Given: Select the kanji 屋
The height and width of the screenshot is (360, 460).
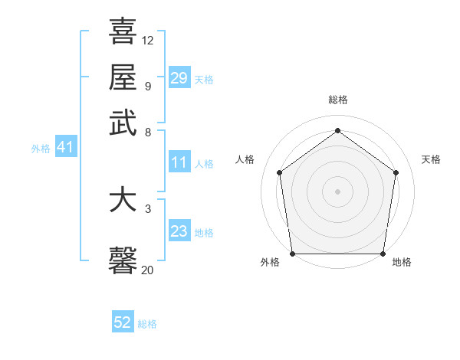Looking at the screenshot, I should click(x=123, y=77).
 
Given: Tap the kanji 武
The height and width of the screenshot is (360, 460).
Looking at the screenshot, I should click(x=123, y=123).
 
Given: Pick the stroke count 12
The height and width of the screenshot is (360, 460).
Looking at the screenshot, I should click(x=148, y=40).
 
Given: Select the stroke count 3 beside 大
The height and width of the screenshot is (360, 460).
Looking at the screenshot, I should click(x=148, y=208).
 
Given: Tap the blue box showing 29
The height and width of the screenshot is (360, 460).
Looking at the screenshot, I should click(x=179, y=78).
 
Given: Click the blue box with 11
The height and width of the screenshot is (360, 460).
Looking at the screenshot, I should click(x=179, y=162).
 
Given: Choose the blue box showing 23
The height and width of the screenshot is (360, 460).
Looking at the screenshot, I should click(x=179, y=231).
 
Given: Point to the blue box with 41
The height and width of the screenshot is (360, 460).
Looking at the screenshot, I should click(x=64, y=147).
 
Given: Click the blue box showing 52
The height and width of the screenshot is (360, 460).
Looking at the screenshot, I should click(x=123, y=322).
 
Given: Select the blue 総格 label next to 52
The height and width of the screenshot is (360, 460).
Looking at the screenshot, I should click(x=147, y=324).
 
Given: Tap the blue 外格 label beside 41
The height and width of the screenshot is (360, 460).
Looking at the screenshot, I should click(x=41, y=149).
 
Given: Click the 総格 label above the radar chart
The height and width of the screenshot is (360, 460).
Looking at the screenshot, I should click(x=337, y=100).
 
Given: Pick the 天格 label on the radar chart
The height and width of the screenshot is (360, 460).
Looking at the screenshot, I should click(x=431, y=159).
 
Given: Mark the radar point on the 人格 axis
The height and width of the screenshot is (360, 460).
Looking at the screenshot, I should click(x=279, y=172).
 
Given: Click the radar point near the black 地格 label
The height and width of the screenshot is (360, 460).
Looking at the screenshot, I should click(x=383, y=254).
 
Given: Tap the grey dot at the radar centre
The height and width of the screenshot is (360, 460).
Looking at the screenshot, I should click(x=337, y=191).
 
